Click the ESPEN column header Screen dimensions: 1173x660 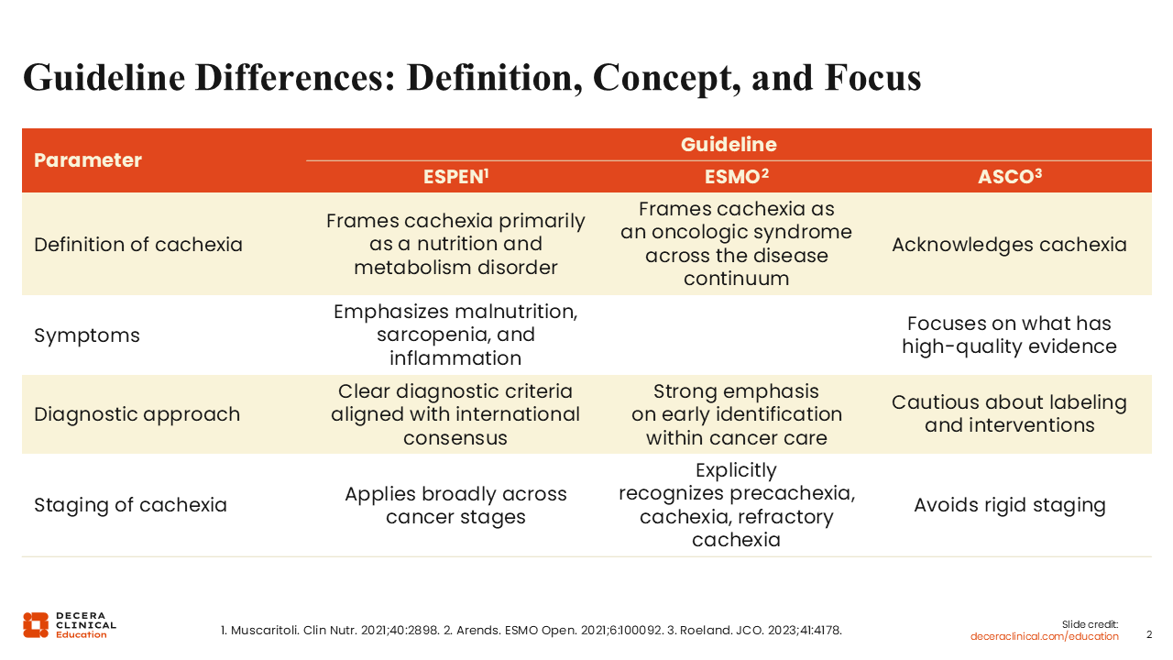pyautogui.click(x=455, y=177)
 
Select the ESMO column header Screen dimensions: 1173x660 pyautogui.click(x=736, y=177)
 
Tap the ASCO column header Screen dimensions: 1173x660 pyautogui.click(x=1010, y=177)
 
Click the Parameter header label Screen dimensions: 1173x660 pyautogui.click(x=87, y=160)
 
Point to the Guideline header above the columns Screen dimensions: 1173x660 pyautogui.click(x=729, y=145)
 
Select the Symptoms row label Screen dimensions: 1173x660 pyautogui.click(x=87, y=335)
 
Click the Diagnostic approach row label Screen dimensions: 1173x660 pyautogui.click(x=137, y=414)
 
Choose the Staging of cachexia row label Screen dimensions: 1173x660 pyautogui.click(x=130, y=505)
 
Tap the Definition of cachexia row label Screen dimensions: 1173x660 pyautogui.click(x=138, y=245)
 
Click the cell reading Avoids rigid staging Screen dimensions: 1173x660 pyautogui.click(x=1010, y=505)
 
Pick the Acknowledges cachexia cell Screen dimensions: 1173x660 pyautogui.click(x=1009, y=245)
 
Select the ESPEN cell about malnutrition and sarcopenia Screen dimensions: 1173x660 pyautogui.click(x=455, y=335)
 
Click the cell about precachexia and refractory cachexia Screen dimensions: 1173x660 pyautogui.click(x=736, y=505)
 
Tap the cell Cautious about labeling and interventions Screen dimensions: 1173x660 pyautogui.click(x=1009, y=413)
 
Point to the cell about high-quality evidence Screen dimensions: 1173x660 pyautogui.click(x=1009, y=335)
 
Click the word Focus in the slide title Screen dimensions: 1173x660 pyautogui.click(x=872, y=78)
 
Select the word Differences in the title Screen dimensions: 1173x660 pyautogui.click(x=295, y=78)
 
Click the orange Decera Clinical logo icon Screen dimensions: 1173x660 pyautogui.click(x=36, y=625)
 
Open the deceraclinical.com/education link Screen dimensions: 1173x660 pyautogui.click(x=1044, y=636)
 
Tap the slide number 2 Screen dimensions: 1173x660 pyautogui.click(x=1149, y=635)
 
